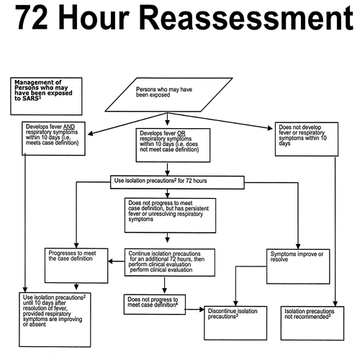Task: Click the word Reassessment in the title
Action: [246, 17]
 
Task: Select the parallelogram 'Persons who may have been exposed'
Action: [168, 94]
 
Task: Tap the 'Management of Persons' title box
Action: [46, 96]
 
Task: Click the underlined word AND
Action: [69, 127]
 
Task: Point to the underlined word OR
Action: [181, 133]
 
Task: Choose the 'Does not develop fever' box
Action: [307, 139]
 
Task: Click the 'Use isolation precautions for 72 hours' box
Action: [177, 182]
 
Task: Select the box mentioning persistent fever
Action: [170, 215]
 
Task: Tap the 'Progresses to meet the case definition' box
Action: [76, 266]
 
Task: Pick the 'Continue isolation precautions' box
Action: [170, 262]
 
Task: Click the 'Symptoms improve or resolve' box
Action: [298, 266]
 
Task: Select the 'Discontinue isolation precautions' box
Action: [235, 323]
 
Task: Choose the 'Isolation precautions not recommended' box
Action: [312, 323]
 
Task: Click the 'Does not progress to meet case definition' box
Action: [155, 305]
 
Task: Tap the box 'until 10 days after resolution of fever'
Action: [55, 320]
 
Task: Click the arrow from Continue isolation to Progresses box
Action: [117, 261]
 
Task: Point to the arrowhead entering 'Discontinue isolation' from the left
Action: [202, 310]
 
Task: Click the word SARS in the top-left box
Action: [30, 99]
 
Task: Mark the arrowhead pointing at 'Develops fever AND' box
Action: [91, 133]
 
